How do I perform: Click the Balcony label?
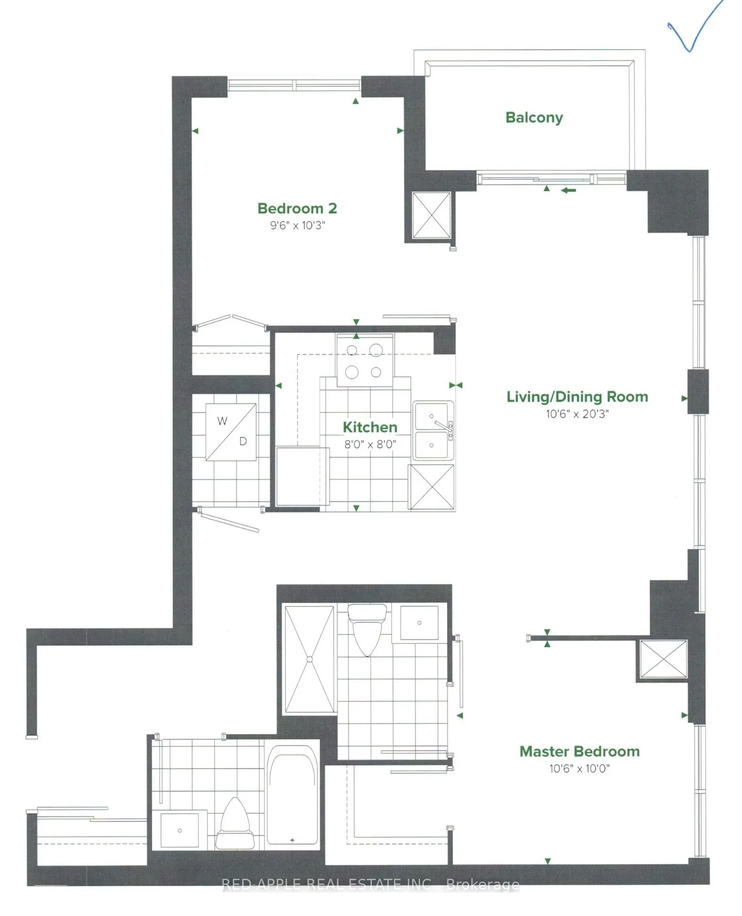pyautogui.click(x=534, y=117)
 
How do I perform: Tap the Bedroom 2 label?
pyautogui.click(x=297, y=208)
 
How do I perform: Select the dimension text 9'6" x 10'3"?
pyautogui.click(x=297, y=225)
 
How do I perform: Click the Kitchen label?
pyautogui.click(x=370, y=427)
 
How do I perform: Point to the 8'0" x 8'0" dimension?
pyautogui.click(x=370, y=444)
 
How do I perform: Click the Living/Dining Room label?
pyautogui.click(x=577, y=397)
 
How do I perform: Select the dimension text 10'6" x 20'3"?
pyautogui.click(x=577, y=414)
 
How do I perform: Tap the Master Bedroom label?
pyautogui.click(x=579, y=751)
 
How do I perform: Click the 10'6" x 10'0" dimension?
pyautogui.click(x=579, y=769)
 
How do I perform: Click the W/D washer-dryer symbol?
pyautogui.click(x=231, y=432)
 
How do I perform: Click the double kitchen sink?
pyautogui.click(x=433, y=430)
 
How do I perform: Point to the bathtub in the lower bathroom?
pyautogui.click(x=292, y=795)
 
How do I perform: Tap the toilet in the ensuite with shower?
pyautogui.click(x=367, y=630)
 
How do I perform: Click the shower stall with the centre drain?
pyautogui.click(x=309, y=659)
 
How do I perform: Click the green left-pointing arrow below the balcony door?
pyautogui.click(x=569, y=190)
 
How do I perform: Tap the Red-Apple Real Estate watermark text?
pyautogui.click(x=371, y=884)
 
